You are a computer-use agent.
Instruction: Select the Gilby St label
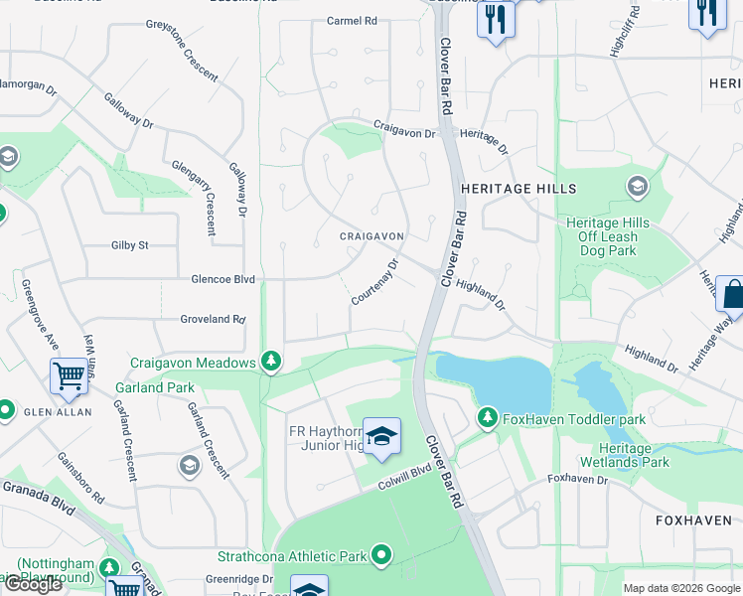(x=130, y=244)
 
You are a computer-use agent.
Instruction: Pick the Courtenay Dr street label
(x=374, y=282)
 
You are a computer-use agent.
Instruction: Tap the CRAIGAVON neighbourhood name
(x=371, y=236)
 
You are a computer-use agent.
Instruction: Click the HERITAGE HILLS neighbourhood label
(x=519, y=189)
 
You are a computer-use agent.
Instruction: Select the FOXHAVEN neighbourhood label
(x=693, y=521)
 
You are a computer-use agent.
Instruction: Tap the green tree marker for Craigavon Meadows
(x=270, y=362)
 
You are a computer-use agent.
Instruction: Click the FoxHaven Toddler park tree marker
(x=487, y=417)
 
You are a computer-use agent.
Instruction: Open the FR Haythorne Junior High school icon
(x=381, y=437)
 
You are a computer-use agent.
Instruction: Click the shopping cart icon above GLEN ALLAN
(x=69, y=376)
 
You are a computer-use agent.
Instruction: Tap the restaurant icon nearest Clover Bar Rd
(x=496, y=19)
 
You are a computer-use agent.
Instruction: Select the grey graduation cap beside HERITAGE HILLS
(x=637, y=186)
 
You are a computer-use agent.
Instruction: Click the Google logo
(x=33, y=584)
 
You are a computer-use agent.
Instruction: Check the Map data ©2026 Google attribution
(x=680, y=588)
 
